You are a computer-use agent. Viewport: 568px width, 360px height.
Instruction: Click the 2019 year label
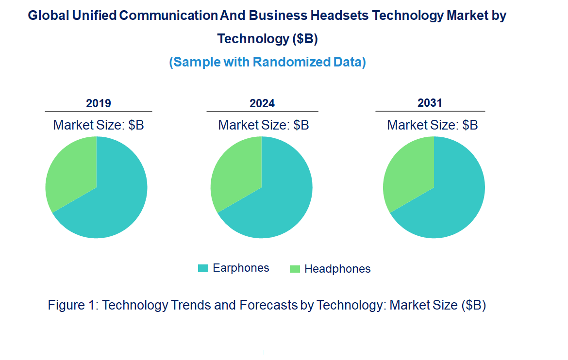point(99,103)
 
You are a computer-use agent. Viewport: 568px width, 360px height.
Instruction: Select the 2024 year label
point(262,103)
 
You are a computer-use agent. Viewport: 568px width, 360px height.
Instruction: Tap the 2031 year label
point(430,103)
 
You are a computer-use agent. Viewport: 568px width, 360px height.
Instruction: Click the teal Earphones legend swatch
point(203,268)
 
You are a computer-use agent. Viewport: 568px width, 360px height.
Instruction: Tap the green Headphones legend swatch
point(295,269)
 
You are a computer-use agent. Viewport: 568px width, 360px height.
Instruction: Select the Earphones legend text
point(241,268)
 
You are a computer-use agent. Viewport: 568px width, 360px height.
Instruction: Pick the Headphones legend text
point(337,269)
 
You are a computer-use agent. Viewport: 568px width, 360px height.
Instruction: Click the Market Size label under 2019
point(99,125)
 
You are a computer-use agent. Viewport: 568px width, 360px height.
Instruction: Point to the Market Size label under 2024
point(264,125)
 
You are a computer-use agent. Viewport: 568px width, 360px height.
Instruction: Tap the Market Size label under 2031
point(433,125)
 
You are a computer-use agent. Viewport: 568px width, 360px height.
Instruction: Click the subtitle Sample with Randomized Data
point(267,63)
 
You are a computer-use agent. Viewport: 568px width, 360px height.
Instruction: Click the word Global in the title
point(48,16)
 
